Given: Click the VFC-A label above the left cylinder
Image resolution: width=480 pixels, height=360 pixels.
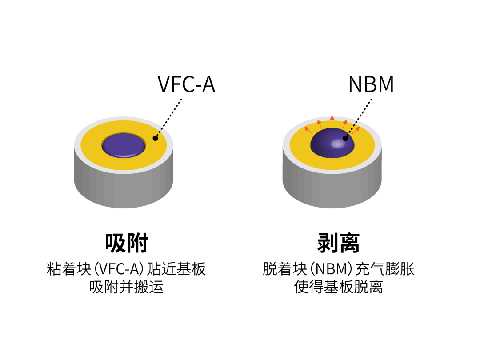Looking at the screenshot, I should tap(186, 84).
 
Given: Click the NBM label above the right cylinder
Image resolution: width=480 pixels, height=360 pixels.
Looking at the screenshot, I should tap(371, 84).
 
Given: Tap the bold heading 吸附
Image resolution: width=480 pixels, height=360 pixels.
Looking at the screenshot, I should tap(127, 243).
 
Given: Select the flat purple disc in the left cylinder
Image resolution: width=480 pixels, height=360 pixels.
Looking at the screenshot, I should tap(123, 145).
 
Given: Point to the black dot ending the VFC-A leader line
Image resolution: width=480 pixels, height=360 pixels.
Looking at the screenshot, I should tap(155, 138).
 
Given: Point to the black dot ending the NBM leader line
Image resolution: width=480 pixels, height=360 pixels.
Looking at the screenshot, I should tap(345, 138).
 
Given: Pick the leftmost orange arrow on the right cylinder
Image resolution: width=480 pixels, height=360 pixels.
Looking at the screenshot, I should tap(307, 130).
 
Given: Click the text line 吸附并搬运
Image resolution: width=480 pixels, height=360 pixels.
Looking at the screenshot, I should tap(127, 287).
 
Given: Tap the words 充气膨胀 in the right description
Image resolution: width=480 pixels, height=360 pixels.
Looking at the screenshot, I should tap(385, 269).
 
